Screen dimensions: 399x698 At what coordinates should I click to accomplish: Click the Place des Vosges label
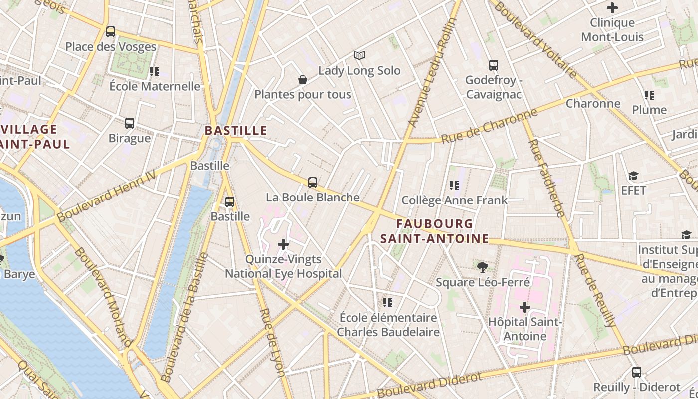coord(111,47)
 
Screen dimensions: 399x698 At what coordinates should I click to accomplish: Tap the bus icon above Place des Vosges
coord(111,32)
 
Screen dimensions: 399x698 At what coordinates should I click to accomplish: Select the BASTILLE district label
coord(236,131)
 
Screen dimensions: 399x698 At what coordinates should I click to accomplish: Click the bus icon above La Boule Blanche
coord(313,183)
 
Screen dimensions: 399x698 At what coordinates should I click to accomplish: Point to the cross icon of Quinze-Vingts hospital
coord(283,244)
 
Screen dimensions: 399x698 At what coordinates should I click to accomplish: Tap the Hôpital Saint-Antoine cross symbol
coord(524,307)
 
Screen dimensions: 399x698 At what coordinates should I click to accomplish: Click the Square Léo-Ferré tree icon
coord(482,267)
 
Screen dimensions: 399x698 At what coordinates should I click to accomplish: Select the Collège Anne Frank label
coord(454,200)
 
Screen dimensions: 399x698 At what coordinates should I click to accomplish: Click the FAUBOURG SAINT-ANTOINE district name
coord(434,231)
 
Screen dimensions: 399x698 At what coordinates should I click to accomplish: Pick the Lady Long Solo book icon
coord(359,55)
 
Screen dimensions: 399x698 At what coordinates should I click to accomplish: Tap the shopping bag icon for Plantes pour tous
coord(302,80)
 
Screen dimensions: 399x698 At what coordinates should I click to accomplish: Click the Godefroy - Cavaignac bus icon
coord(494,65)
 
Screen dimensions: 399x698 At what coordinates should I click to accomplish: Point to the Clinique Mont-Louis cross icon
coord(612,8)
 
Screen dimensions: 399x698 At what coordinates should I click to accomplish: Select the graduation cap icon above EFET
coord(633,176)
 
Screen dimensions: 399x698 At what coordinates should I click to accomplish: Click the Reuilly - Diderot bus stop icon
coord(637,372)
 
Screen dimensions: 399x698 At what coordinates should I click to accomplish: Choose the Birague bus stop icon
coord(130,123)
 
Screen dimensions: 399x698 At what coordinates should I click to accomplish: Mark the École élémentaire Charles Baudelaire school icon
coord(388,302)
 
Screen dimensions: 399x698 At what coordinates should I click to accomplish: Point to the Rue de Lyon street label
coord(272,342)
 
